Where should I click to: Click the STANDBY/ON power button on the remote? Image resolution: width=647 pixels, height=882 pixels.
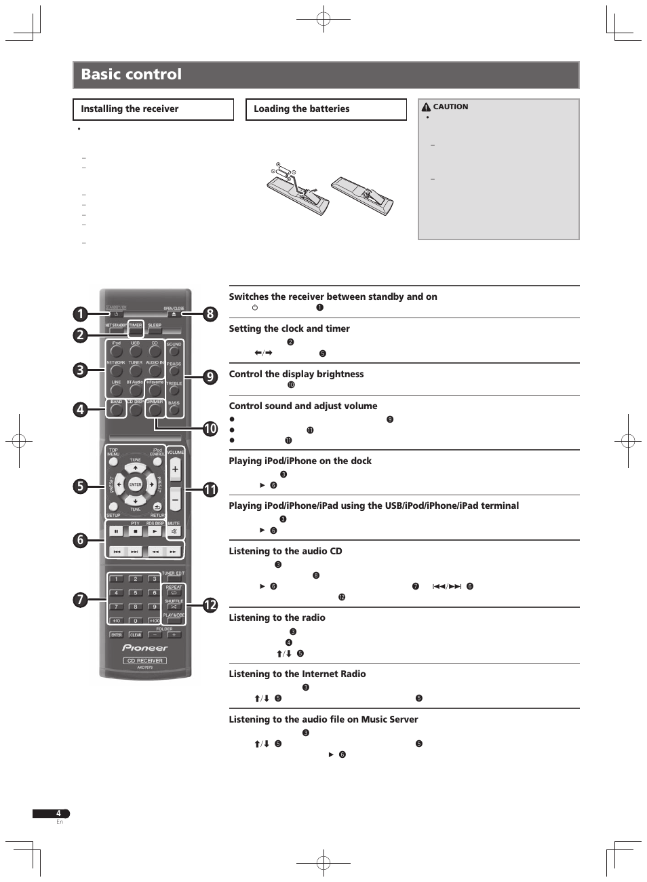pyautogui.click(x=116, y=314)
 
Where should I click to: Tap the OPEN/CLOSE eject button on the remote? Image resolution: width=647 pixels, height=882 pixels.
pyautogui.click(x=174, y=314)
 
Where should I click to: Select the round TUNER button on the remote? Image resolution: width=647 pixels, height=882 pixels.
pyautogui.click(x=136, y=371)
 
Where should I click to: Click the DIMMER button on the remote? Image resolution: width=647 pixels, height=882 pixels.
pyautogui.click(x=155, y=410)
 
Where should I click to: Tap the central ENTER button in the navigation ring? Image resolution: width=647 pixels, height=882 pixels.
pyautogui.click(x=136, y=484)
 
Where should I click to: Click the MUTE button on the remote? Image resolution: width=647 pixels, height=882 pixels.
pyautogui.click(x=174, y=531)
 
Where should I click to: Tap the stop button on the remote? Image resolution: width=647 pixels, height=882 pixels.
pyautogui.click(x=136, y=531)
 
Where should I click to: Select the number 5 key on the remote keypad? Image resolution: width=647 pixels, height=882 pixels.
pyautogui.click(x=136, y=593)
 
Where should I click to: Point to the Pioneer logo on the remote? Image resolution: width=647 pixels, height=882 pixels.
pyautogui.click(x=145, y=648)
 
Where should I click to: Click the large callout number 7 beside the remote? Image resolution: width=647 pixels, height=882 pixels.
pyautogui.click(x=80, y=599)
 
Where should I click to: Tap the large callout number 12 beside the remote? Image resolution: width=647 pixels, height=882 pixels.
pyautogui.click(x=210, y=605)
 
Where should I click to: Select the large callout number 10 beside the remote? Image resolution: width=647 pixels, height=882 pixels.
pyautogui.click(x=210, y=428)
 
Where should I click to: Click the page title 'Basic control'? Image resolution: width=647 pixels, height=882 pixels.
pyautogui.click(x=132, y=75)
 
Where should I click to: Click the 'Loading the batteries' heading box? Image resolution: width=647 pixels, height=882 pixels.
pyautogui.click(x=326, y=109)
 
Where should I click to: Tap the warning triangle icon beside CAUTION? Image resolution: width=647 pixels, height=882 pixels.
pyautogui.click(x=426, y=107)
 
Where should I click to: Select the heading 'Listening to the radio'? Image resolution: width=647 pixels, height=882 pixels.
pyautogui.click(x=277, y=617)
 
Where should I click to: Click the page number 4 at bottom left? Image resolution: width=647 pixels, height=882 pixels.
pyautogui.click(x=58, y=813)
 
